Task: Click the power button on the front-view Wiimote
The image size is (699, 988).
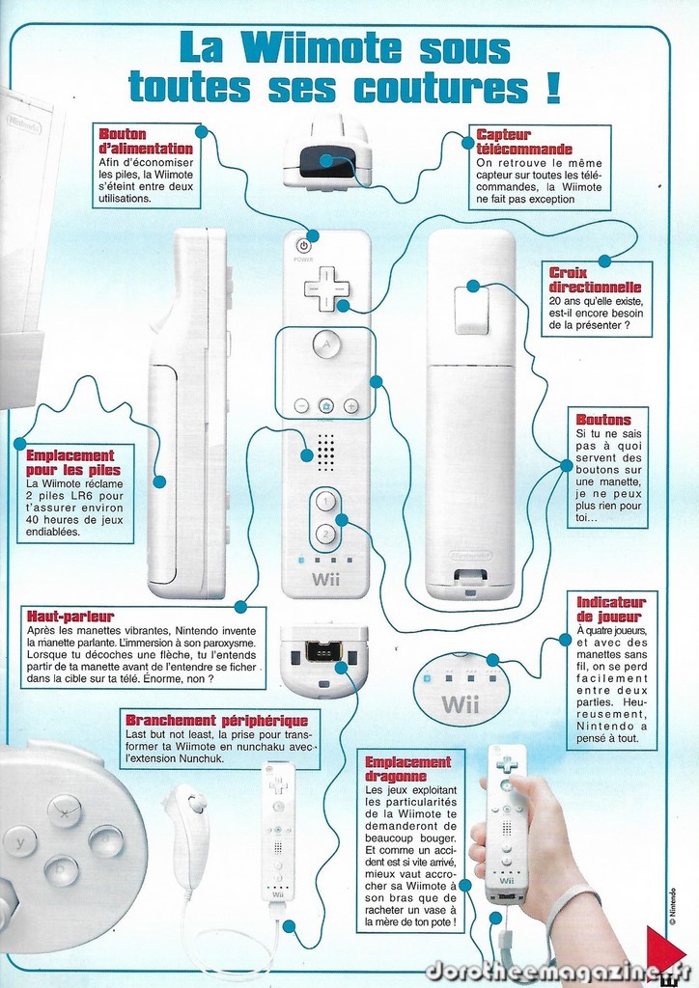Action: click(x=303, y=247)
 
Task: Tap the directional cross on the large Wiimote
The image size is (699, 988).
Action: click(x=326, y=288)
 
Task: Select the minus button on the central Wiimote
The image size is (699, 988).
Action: click(x=302, y=406)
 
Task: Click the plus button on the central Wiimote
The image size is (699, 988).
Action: click(x=351, y=406)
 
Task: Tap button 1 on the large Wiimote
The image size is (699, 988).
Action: click(x=325, y=502)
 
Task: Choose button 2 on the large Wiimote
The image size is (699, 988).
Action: click(x=325, y=535)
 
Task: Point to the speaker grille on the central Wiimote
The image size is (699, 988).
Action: click(x=325, y=452)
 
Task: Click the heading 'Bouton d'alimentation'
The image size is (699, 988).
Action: click(x=146, y=141)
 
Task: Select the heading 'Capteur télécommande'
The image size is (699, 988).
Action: click(x=524, y=142)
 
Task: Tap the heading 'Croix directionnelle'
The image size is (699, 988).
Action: click(x=595, y=280)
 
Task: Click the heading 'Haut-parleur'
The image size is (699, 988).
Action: click(x=70, y=617)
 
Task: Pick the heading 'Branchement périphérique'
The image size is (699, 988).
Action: click(x=217, y=720)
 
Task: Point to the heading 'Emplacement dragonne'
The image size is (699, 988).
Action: click(x=407, y=769)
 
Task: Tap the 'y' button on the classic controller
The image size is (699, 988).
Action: click(x=20, y=841)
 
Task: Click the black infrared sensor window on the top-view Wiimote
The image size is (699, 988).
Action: click(x=326, y=161)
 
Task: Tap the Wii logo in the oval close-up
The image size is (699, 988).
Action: click(x=461, y=703)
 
